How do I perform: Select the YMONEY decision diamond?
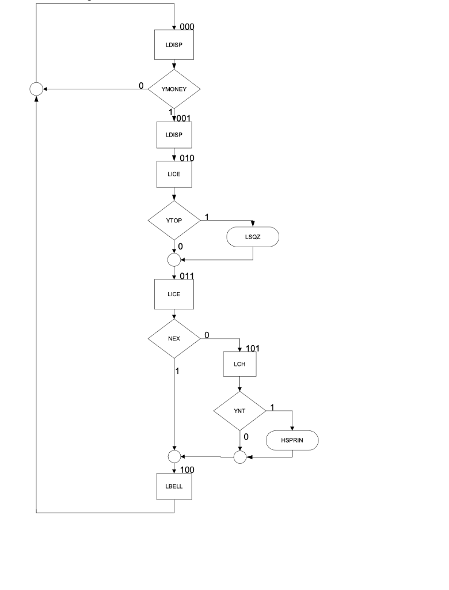(x=174, y=89)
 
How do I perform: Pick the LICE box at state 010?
(x=174, y=175)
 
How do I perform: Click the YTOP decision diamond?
(x=174, y=220)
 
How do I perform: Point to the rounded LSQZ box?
(x=253, y=236)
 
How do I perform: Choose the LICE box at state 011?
(x=174, y=294)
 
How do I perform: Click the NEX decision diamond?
(x=174, y=338)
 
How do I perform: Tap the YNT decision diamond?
(x=239, y=411)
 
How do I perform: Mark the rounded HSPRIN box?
(x=292, y=441)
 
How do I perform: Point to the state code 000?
(x=188, y=27)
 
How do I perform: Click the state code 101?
(x=254, y=349)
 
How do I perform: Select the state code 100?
(x=188, y=470)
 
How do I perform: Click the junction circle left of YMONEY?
(x=36, y=89)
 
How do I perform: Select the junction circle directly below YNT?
(x=239, y=457)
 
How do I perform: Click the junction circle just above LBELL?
(x=174, y=457)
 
